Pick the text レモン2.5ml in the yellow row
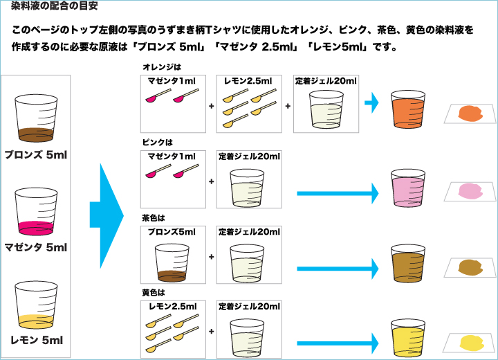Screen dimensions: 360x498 pos(173,305)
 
